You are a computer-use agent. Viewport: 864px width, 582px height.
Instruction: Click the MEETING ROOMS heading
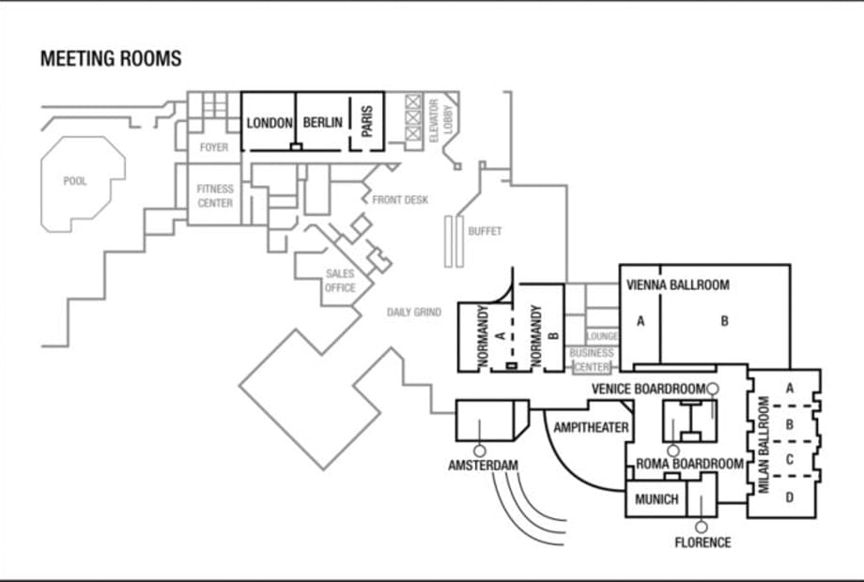[x=111, y=58]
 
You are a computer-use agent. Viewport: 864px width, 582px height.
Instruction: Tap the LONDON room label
[x=269, y=123]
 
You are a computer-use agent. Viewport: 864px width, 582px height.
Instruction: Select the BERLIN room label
[x=323, y=122]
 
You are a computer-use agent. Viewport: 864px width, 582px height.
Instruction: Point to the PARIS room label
[x=367, y=121]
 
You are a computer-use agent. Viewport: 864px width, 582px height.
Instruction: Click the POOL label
[x=75, y=181]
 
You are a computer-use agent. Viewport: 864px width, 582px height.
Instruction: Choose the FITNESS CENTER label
[x=215, y=196]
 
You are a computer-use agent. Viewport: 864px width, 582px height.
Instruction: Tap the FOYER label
[x=214, y=147]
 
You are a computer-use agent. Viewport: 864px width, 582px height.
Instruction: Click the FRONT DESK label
[x=400, y=200]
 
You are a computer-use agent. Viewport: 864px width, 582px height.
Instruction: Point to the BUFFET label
[x=485, y=231]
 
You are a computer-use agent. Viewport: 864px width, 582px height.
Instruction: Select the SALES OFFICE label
[x=340, y=281]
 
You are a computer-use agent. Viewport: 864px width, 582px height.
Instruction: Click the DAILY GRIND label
[x=414, y=313]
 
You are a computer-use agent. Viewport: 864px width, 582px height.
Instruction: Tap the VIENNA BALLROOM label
[x=678, y=285]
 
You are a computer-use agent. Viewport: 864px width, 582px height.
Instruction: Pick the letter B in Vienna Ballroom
[x=725, y=321]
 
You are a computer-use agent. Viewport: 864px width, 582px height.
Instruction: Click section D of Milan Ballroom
[x=790, y=498]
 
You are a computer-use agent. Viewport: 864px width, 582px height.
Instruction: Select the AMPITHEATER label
[x=591, y=428]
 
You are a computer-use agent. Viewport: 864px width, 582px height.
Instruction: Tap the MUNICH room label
[x=656, y=499]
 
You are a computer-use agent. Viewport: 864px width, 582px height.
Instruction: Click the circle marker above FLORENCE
[x=702, y=528]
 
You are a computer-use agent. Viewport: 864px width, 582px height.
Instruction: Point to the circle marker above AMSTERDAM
[x=480, y=452]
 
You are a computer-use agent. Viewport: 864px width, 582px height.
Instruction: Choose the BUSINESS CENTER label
[x=592, y=360]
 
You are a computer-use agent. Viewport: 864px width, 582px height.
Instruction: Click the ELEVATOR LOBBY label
[x=440, y=120]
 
